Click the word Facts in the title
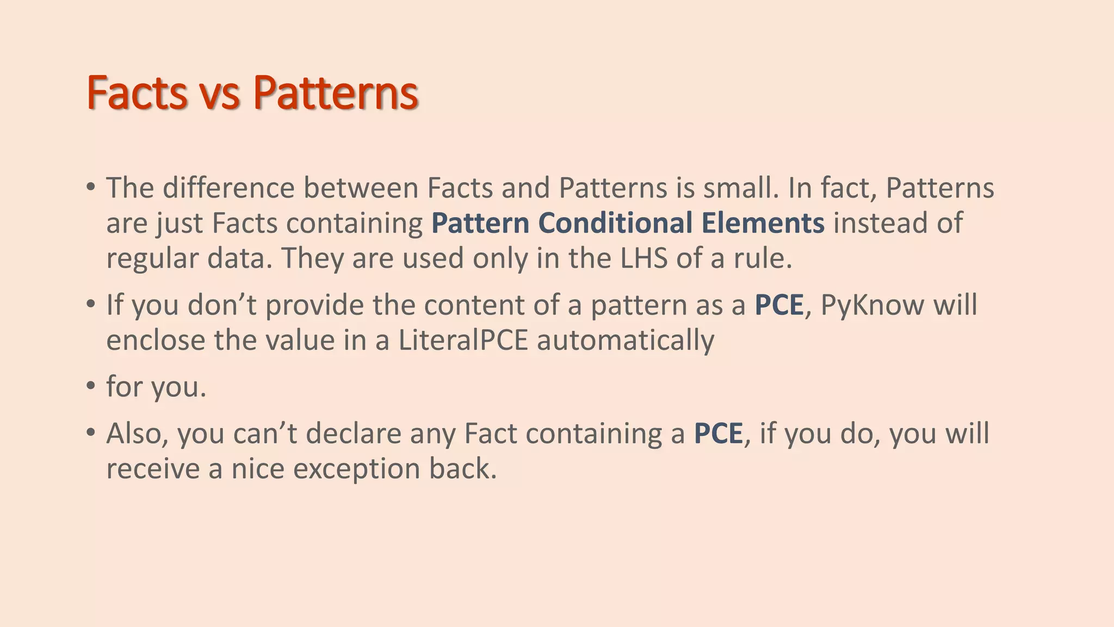pyautogui.click(x=137, y=93)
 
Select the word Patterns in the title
pyautogui.click(x=335, y=93)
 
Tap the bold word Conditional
pyautogui.click(x=615, y=223)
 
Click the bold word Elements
pyautogui.click(x=763, y=223)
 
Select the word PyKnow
pyautogui.click(x=872, y=305)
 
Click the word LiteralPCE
pyautogui.click(x=463, y=340)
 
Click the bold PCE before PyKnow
pyautogui.click(x=778, y=305)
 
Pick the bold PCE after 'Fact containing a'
pyautogui.click(x=718, y=433)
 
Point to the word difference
pyautogui.click(x=228, y=188)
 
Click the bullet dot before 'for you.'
pyautogui.click(x=91, y=386)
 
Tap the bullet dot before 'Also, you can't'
pyautogui.click(x=91, y=433)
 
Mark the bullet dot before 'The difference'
pyautogui.click(x=91, y=187)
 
